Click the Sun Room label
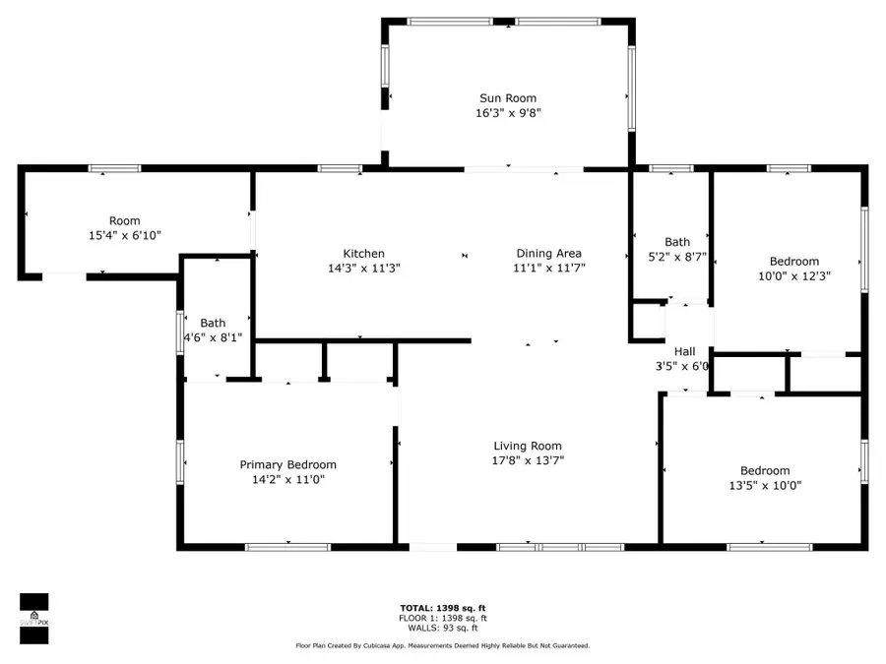tap(508, 98)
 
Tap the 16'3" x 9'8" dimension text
tap(508, 113)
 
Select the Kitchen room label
tap(363, 254)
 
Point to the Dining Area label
tap(549, 254)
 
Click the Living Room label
tap(527, 446)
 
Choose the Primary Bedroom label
tap(288, 465)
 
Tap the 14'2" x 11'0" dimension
tap(288, 480)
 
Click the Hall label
tap(684, 351)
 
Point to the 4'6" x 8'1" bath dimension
tap(213, 337)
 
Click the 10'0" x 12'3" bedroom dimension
tap(793, 276)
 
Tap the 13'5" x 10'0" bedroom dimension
tap(765, 485)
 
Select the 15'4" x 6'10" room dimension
tap(125, 235)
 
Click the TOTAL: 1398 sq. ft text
tap(442, 608)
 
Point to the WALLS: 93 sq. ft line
tap(442, 628)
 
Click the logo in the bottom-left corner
tap(34, 619)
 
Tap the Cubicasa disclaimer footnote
tap(442, 646)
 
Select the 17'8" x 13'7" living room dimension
tap(527, 460)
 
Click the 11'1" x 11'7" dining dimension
tap(549, 268)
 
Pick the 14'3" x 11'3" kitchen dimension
tap(363, 268)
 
